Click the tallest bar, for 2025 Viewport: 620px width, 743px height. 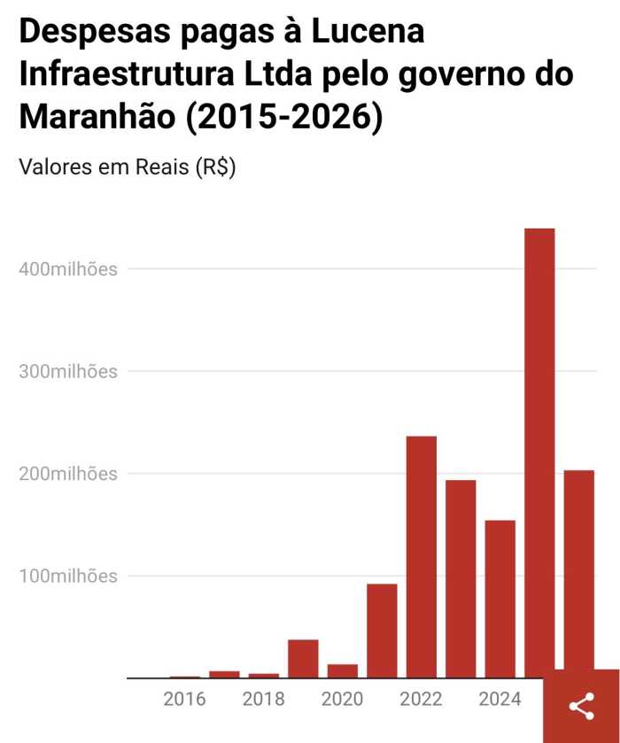click(x=539, y=452)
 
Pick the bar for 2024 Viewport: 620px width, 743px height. click(x=500, y=598)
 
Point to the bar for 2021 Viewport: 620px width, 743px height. click(x=382, y=631)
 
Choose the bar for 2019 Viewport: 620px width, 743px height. click(x=303, y=658)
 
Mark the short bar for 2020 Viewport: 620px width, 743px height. click(x=342, y=670)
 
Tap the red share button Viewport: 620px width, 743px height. click(x=581, y=706)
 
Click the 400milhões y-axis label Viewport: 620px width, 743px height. click(x=68, y=269)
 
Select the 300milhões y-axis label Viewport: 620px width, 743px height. click(x=68, y=372)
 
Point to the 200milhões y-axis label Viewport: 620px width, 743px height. click(x=68, y=474)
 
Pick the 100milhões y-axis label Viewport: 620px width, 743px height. click(x=68, y=577)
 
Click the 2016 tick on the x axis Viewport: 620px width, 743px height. click(x=184, y=700)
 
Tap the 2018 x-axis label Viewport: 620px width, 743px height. click(x=264, y=700)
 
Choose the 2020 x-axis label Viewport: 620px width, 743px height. click(x=342, y=700)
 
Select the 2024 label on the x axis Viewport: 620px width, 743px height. click(x=500, y=700)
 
